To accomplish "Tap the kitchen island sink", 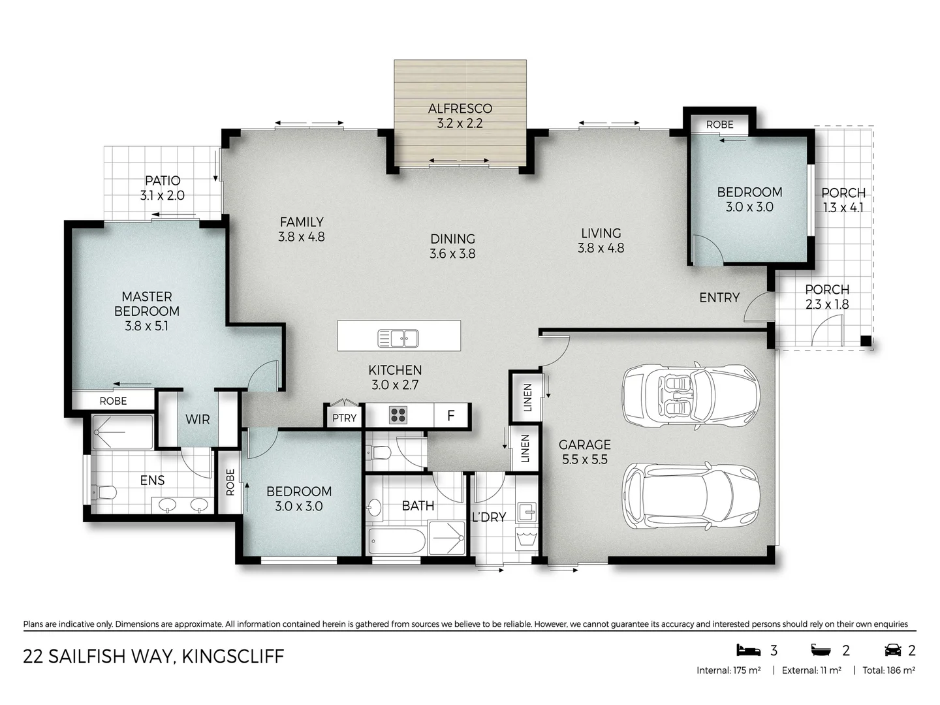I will click(398, 338).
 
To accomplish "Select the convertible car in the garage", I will click(690, 394).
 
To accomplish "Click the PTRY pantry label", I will click(344, 418).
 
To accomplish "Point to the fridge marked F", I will click(450, 415).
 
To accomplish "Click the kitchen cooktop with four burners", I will click(398, 415).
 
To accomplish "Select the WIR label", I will click(197, 419).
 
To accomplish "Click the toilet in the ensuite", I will click(104, 491).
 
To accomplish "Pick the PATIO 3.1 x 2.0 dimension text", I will click(162, 195).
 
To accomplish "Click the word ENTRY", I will click(719, 298).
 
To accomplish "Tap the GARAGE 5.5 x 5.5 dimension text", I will click(584, 460).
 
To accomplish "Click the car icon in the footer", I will click(892, 650).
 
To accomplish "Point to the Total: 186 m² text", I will click(888, 670).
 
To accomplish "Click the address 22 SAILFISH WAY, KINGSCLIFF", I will click(153, 656).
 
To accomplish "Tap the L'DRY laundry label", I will click(488, 517).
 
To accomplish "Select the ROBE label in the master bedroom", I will click(113, 401).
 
